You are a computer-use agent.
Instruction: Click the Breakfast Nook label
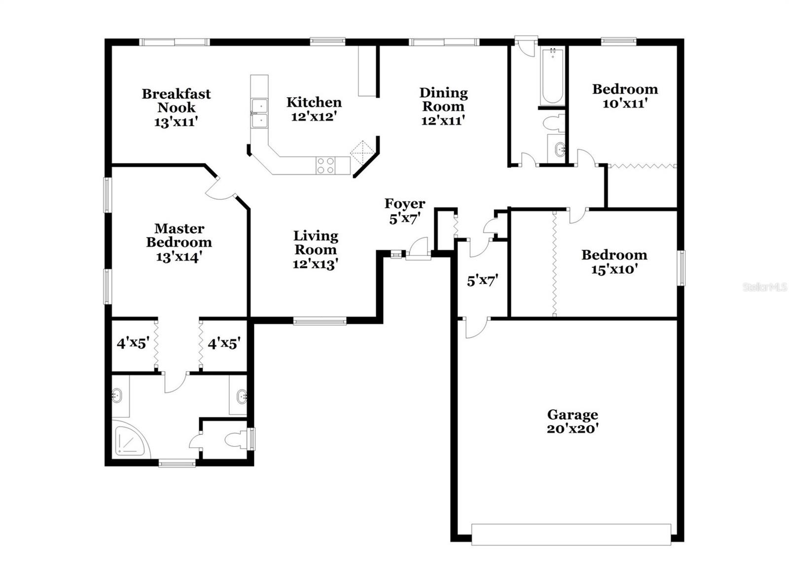click(176, 107)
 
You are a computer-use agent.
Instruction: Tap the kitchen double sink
click(259, 114)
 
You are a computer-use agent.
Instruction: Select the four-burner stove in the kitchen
click(325, 165)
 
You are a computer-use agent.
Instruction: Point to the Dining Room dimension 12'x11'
click(443, 120)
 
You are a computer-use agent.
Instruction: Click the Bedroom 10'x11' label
click(625, 96)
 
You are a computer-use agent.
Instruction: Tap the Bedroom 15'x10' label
click(614, 262)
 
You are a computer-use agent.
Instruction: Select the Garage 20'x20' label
click(572, 421)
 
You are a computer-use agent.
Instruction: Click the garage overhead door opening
click(571, 534)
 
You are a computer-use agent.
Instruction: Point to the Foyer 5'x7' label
click(404, 211)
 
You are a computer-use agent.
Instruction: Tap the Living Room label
click(316, 249)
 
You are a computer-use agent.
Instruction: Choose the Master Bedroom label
click(179, 242)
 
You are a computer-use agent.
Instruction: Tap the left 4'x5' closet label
click(133, 343)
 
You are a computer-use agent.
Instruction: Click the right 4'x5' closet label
click(224, 343)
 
